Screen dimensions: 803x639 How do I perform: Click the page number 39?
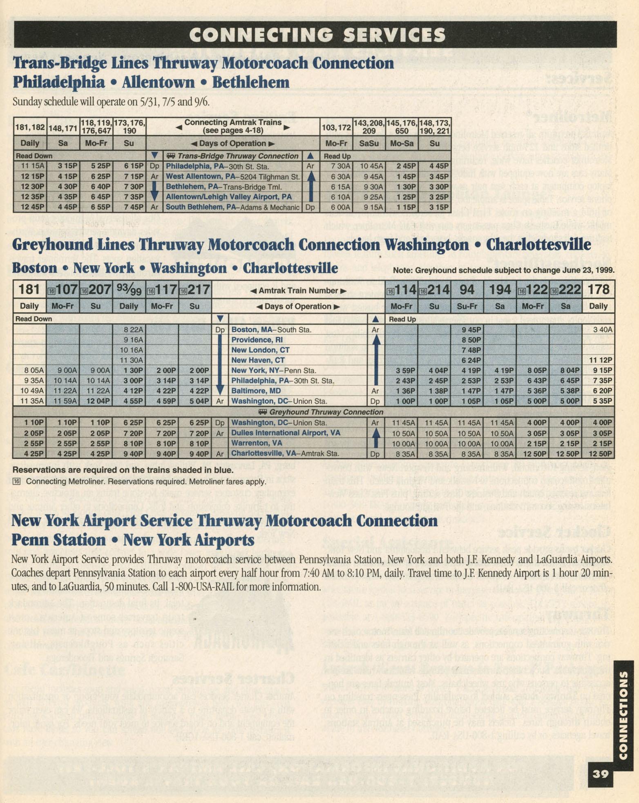tap(600, 774)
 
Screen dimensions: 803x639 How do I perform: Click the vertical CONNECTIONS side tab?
tap(623, 715)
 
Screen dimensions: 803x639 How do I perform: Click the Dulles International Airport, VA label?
tap(286, 433)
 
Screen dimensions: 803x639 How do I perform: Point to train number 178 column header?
tap(599, 290)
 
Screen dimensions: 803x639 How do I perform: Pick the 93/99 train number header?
tap(129, 290)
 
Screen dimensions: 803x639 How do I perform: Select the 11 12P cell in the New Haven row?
tap(600, 360)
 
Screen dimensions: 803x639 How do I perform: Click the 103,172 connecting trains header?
tap(336, 127)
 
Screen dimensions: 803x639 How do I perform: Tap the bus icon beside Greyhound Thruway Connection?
tap(263, 412)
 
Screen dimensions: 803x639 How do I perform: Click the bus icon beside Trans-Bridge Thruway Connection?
tap(170, 156)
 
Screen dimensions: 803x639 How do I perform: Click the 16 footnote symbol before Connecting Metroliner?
tap(17, 481)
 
